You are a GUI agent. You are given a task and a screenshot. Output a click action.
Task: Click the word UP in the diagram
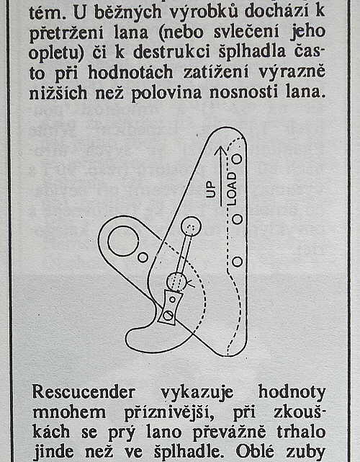point(211,190)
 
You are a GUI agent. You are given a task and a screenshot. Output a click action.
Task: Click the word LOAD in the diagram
point(232,189)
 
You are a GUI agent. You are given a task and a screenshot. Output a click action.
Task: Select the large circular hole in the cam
point(123,241)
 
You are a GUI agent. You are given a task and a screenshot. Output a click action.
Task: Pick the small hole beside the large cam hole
point(143,257)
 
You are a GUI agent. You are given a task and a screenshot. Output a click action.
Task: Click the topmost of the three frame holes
point(237,159)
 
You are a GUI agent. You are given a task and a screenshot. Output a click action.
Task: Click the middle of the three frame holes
point(238,219)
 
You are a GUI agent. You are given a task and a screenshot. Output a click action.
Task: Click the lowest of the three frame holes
point(238,262)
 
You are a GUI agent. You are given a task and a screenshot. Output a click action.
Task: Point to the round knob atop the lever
point(191,226)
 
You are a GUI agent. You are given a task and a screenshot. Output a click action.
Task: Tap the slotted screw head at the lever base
point(168,315)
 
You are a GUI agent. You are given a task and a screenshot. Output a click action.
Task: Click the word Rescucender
point(84,392)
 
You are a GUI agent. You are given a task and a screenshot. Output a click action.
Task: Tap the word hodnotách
point(130,73)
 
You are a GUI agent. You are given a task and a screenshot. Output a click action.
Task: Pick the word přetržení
point(66,32)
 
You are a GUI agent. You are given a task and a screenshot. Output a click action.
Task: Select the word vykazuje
point(197,393)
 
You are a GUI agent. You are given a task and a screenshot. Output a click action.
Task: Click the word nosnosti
point(244,92)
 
